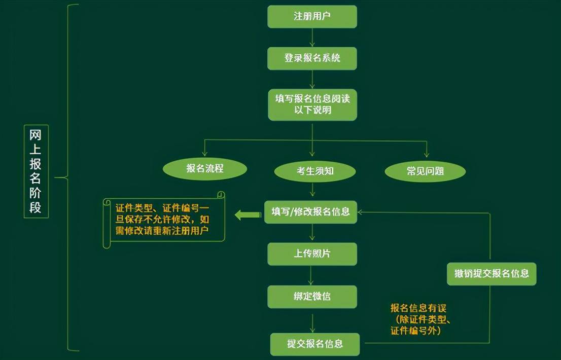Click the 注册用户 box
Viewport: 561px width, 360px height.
tap(312, 16)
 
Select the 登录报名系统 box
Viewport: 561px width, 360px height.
tap(312, 58)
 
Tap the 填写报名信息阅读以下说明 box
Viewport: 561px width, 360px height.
tap(312, 105)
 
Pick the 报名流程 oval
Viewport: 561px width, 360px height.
tap(205, 169)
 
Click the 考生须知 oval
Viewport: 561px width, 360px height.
tap(315, 171)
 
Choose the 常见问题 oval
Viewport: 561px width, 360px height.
tap(425, 171)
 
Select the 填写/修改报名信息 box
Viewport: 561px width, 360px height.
tap(310, 212)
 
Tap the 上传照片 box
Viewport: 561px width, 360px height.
tap(312, 254)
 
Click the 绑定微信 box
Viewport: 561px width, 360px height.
tap(312, 297)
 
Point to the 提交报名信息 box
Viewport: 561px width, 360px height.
tap(315, 344)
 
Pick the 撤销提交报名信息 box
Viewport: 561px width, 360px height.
tap(492, 274)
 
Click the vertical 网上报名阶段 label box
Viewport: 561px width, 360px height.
tap(36, 171)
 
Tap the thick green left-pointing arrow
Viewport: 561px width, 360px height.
tap(248, 215)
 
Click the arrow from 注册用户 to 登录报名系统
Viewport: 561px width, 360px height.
tap(312, 38)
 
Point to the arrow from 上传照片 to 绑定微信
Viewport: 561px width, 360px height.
tap(310, 275)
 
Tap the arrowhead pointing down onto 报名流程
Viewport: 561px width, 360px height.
tap(204, 153)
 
